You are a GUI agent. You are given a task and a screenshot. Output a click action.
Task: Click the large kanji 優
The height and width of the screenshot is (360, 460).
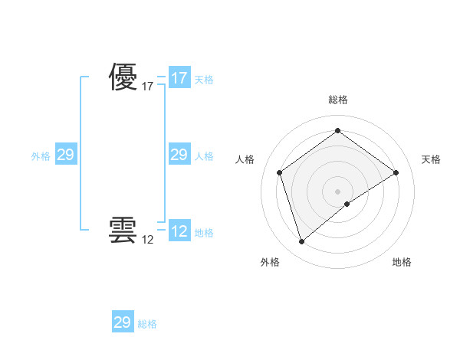(x=123, y=78)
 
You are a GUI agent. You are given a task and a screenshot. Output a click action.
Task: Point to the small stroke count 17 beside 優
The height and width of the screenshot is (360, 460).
(x=148, y=87)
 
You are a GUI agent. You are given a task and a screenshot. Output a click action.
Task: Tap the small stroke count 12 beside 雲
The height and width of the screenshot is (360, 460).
(x=148, y=240)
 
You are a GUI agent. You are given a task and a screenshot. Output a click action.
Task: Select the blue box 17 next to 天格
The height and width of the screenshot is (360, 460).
(x=179, y=78)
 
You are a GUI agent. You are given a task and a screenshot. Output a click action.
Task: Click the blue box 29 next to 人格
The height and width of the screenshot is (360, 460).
(x=179, y=155)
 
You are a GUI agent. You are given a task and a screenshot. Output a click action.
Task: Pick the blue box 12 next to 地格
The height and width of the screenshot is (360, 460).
(x=179, y=231)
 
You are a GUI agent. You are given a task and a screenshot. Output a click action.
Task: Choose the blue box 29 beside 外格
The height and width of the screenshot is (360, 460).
(x=65, y=155)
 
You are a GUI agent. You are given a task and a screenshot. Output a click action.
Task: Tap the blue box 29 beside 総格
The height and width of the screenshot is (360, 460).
(x=123, y=322)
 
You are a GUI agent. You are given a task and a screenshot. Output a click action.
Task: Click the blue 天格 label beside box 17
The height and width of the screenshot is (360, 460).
(x=204, y=80)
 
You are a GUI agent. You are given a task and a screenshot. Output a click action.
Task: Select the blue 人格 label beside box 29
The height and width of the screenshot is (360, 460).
(x=204, y=156)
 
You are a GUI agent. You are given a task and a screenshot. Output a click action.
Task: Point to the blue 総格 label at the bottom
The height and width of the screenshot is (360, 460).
(x=147, y=324)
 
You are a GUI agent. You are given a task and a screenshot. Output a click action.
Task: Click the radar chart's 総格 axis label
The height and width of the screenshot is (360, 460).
(x=337, y=100)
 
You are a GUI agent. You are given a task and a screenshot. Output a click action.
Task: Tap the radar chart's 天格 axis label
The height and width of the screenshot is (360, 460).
(x=432, y=159)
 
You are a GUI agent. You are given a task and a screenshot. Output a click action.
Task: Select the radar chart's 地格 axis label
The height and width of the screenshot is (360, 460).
(x=402, y=262)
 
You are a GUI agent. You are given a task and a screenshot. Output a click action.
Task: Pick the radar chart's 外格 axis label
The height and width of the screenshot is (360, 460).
(x=270, y=262)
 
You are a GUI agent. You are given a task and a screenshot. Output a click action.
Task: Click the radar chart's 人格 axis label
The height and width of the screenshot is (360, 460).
(x=245, y=159)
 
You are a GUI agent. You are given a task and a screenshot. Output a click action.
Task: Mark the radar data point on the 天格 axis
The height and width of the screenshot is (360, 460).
(x=396, y=172)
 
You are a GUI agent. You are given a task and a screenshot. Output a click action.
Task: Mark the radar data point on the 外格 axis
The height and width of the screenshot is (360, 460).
(x=301, y=242)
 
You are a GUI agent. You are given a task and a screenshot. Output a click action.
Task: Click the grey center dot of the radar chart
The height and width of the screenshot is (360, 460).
(x=337, y=191)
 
